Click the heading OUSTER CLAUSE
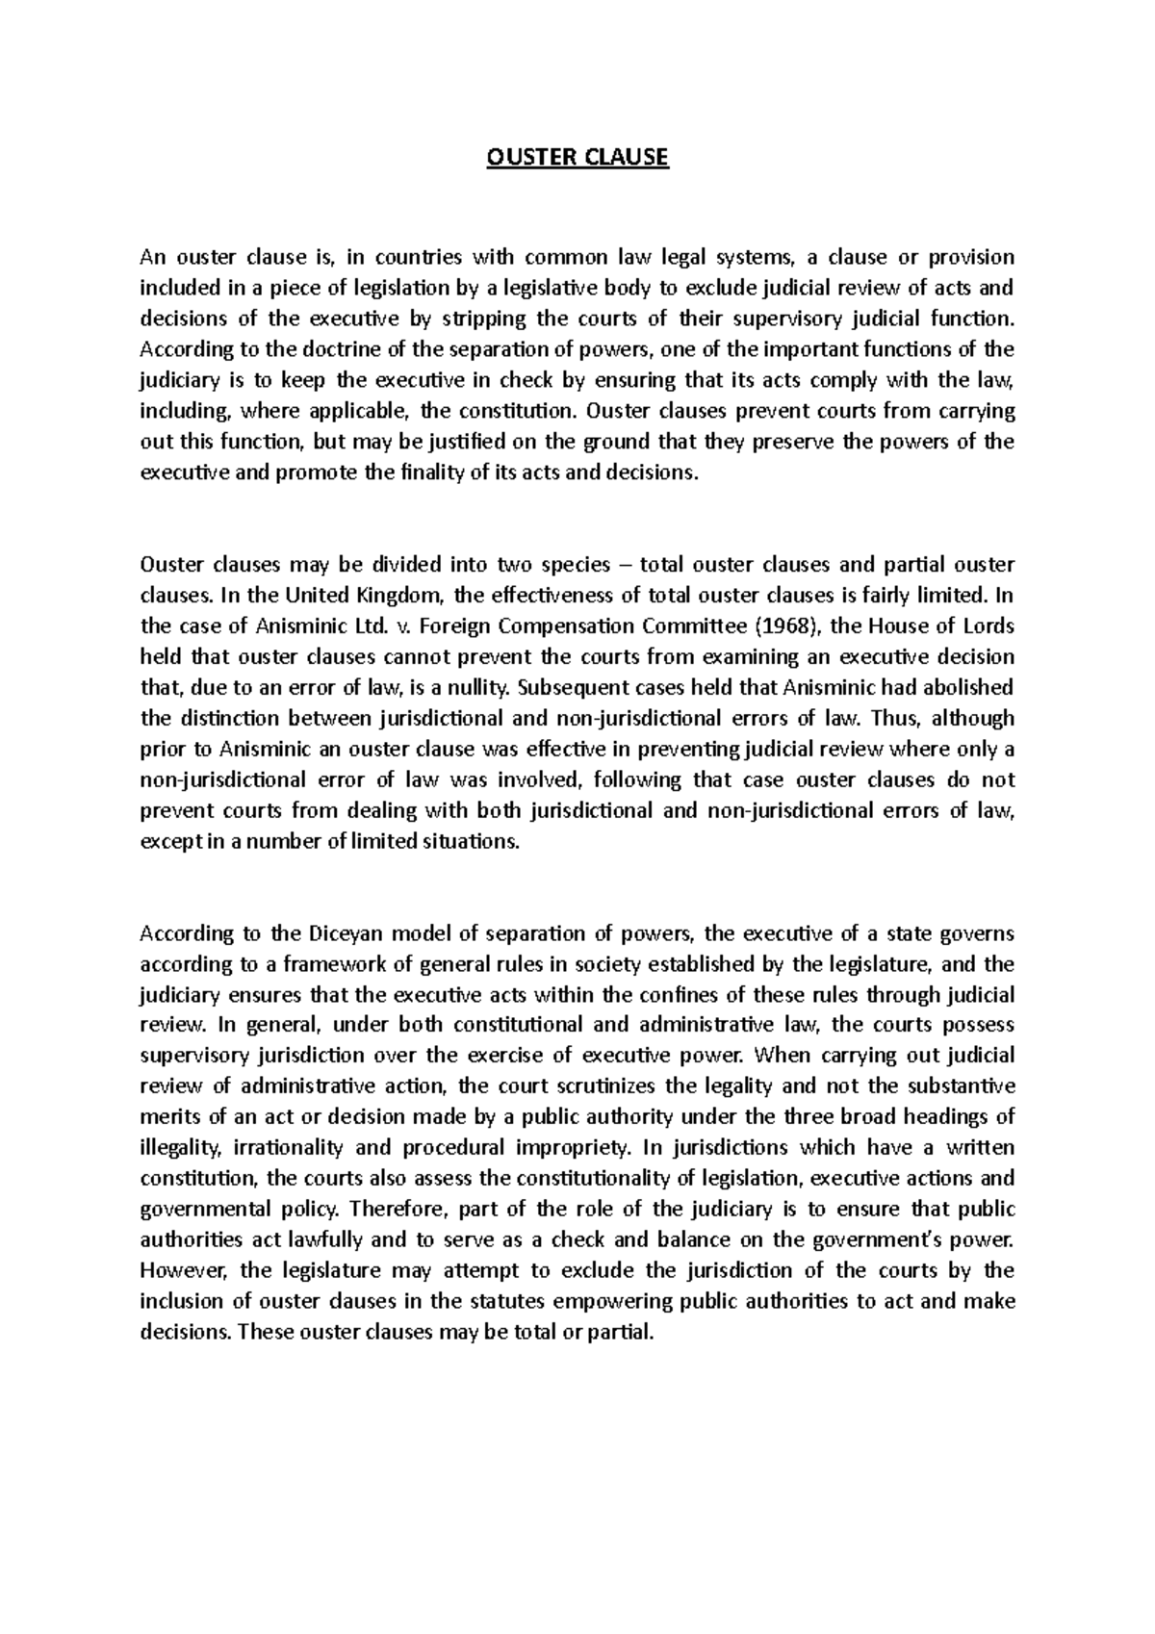(577, 157)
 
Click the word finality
(428, 473)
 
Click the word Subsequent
(570, 688)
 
